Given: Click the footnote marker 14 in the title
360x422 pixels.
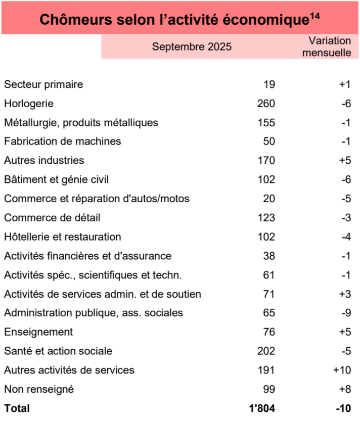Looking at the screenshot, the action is (314, 16).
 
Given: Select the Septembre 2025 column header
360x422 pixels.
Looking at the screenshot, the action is (192, 47).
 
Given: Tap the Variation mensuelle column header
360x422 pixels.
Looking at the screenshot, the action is (329, 46).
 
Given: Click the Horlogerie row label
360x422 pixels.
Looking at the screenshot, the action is (28, 104).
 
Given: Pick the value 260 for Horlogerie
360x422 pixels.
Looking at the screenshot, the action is (266, 104).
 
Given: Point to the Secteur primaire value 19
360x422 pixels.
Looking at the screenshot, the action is (269, 84).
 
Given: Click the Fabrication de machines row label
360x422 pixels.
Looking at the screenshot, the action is (62, 142).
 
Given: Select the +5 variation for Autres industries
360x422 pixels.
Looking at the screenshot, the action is (345, 161).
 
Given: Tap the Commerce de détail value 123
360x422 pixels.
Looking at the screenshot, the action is (266, 218).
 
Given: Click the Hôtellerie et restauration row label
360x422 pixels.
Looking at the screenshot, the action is (62, 237).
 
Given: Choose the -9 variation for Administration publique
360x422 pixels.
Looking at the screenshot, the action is (346, 313).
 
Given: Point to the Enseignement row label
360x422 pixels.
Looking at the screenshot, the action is (38, 332).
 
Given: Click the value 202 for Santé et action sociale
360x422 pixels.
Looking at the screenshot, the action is (266, 351).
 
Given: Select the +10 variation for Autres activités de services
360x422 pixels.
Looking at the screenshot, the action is (342, 370).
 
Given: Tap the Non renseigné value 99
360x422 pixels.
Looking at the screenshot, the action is (269, 389).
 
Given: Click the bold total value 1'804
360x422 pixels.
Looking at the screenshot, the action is (262, 408).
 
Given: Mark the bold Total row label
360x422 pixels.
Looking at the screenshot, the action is (17, 408).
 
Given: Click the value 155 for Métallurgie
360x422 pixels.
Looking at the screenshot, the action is (266, 123).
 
